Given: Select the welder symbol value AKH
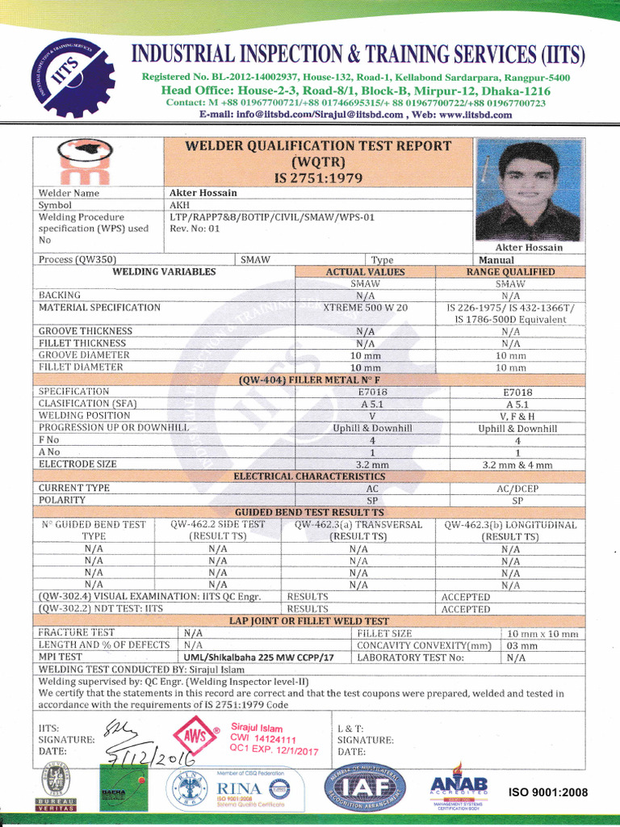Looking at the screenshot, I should click(179, 205).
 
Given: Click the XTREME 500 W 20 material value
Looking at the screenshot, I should click(366, 308).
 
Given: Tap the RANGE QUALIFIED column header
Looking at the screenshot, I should click(510, 272).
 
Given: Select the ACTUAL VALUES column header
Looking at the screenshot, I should click(366, 272).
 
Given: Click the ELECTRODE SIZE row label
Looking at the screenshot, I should click(78, 464).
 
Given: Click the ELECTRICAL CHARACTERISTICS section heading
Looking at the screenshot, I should click(309, 476).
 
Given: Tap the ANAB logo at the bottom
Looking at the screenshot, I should click(459, 789).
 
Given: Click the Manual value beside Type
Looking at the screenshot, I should click(496, 260).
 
